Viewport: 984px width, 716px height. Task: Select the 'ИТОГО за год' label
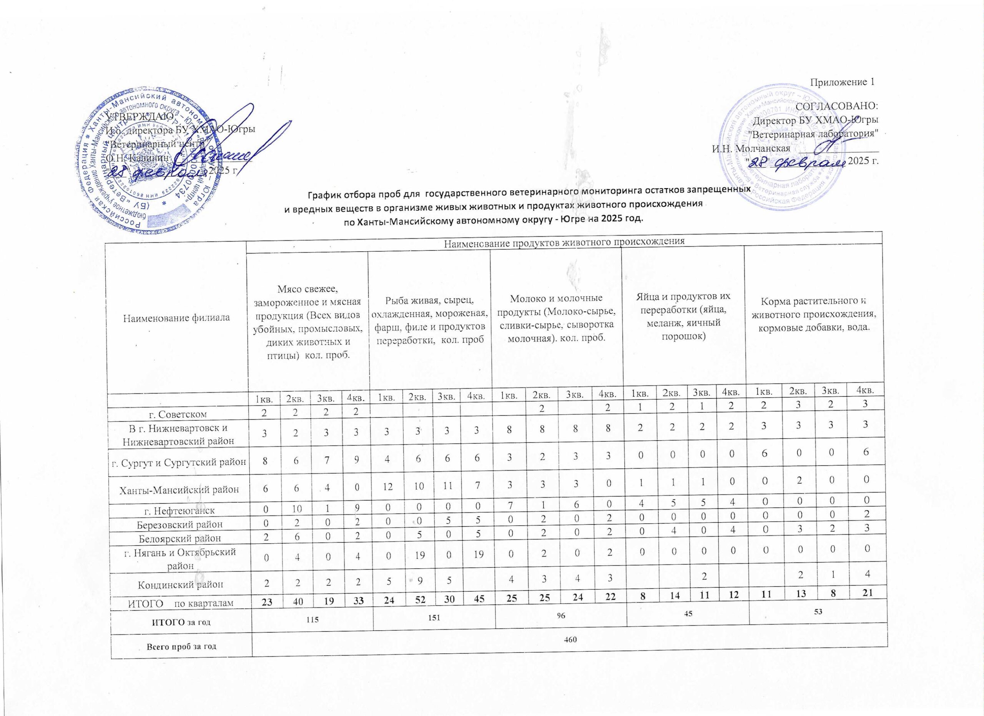coord(181,622)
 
